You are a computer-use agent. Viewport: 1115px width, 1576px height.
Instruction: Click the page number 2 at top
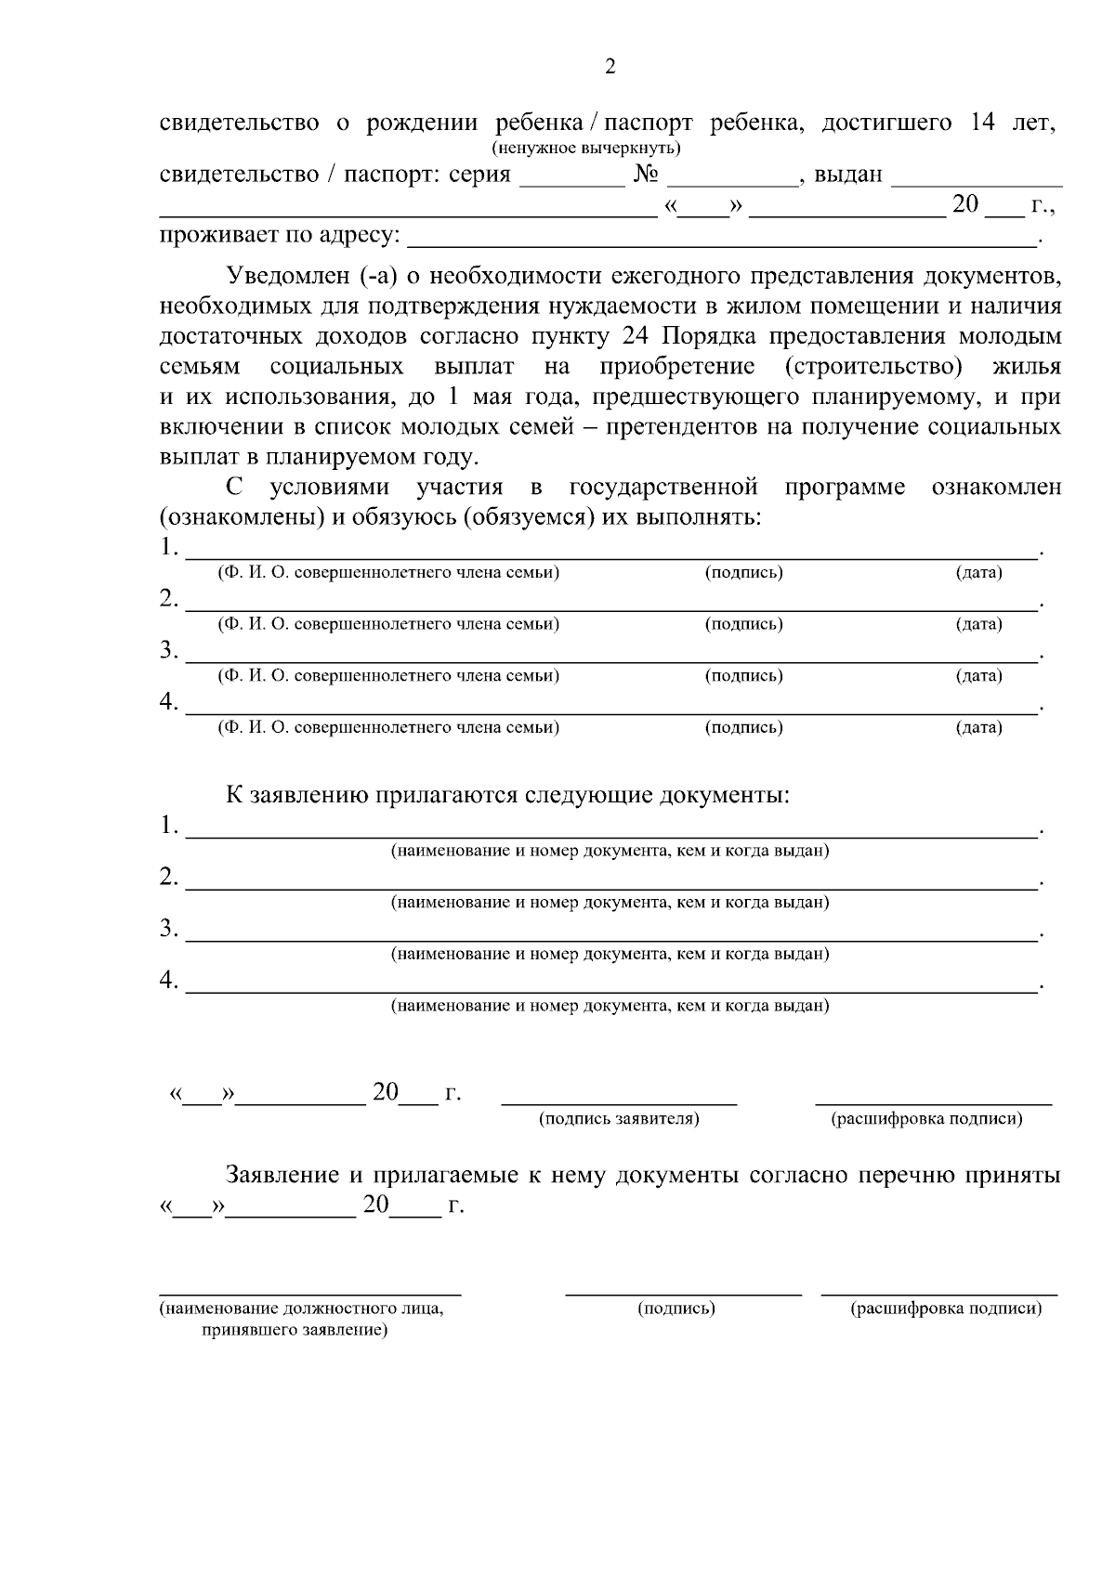tap(610, 67)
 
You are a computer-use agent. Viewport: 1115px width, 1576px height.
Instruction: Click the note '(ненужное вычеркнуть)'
tap(585, 149)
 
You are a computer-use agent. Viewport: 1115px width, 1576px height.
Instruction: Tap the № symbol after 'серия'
tap(646, 175)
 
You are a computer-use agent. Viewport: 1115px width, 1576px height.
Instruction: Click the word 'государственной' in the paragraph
tap(662, 487)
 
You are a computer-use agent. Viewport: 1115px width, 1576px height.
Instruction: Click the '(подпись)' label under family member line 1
tap(743, 572)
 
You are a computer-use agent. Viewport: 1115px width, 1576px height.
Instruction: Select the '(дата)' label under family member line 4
tap(978, 727)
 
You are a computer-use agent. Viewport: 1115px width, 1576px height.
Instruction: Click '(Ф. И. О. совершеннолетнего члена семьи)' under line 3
tap(388, 675)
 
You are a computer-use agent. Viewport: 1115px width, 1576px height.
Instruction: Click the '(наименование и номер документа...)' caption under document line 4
tap(610, 1005)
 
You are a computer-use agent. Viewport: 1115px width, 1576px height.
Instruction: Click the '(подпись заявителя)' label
tap(619, 1119)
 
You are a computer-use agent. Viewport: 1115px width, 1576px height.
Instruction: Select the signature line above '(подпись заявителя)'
tap(619, 1102)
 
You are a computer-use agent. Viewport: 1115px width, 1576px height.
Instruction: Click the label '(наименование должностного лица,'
tap(302, 1309)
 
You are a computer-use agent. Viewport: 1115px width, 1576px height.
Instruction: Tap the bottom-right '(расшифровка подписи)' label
tap(945, 1309)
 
